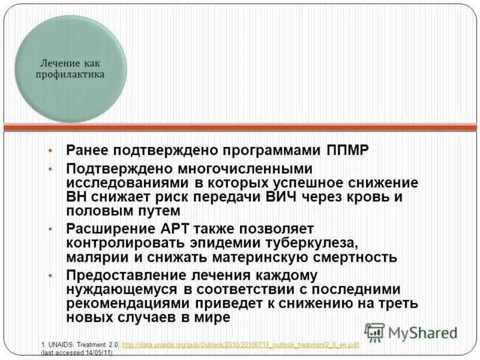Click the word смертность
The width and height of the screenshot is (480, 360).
point(355,257)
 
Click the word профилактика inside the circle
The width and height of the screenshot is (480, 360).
point(71,75)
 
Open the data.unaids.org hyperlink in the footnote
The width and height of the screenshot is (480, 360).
point(240,345)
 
